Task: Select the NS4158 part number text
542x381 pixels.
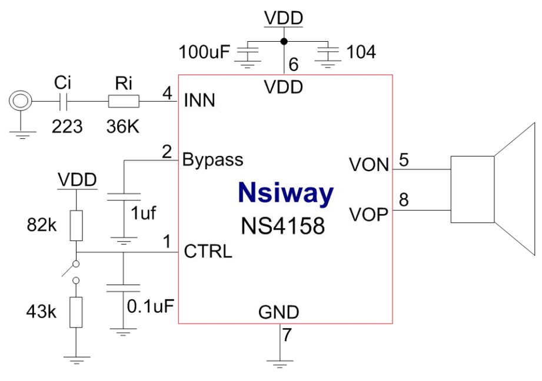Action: [282, 225]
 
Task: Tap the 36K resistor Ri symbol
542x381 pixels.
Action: [124, 102]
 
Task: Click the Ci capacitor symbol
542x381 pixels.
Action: [66, 102]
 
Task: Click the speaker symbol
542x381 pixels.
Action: [493, 189]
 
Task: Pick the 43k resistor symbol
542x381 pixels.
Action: [76, 311]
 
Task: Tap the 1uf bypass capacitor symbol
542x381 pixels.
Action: [124, 197]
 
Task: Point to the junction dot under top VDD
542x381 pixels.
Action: [284, 41]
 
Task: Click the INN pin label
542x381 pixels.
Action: [200, 101]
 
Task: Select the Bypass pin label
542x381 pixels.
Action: [212, 159]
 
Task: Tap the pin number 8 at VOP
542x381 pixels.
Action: [404, 201]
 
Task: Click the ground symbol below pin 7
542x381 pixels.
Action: [280, 360]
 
